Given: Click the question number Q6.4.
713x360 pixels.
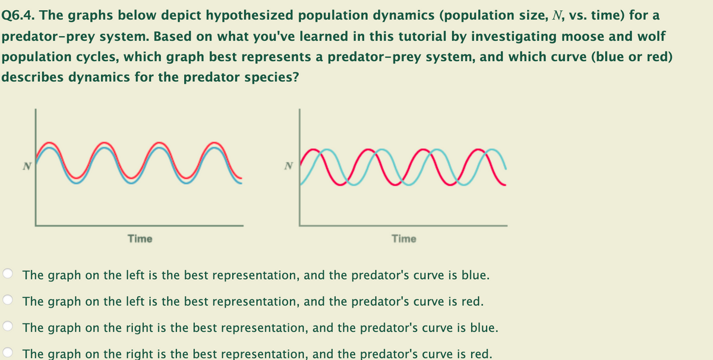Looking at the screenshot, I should coord(19,15).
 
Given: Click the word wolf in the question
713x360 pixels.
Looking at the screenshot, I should coord(651,36).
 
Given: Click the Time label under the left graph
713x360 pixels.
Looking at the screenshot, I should coord(140,239).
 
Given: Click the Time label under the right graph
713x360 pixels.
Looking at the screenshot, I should coord(404,239).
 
